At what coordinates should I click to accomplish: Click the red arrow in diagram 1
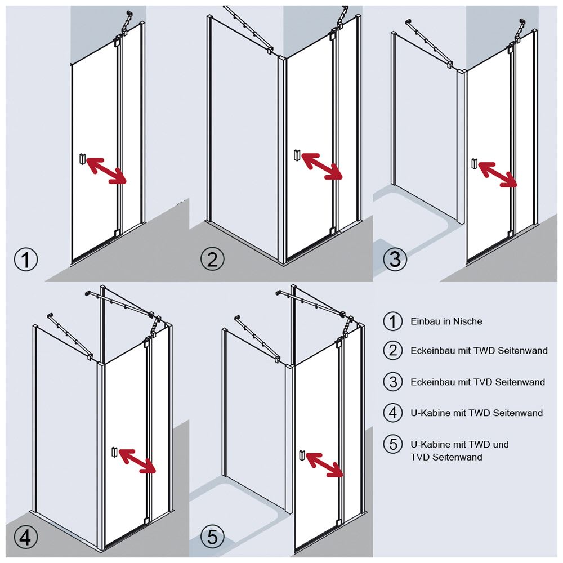click(x=107, y=170)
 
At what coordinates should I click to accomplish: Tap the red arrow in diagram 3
click(x=498, y=174)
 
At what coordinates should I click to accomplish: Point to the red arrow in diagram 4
click(x=137, y=461)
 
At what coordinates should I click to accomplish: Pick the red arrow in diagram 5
click(x=325, y=464)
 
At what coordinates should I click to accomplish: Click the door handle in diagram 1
click(x=83, y=159)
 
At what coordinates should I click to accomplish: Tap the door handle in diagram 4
click(x=114, y=452)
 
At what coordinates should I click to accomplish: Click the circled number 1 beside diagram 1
click(x=26, y=259)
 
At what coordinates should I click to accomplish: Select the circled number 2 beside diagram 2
click(x=212, y=259)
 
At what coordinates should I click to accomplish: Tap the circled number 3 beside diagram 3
click(x=395, y=259)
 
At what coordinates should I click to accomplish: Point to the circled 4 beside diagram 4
click(x=26, y=538)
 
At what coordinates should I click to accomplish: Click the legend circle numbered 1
click(x=393, y=321)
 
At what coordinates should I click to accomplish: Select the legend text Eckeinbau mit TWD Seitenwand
click(x=479, y=350)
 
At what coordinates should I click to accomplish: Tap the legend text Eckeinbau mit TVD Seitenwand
click(x=477, y=382)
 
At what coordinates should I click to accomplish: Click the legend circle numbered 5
click(x=393, y=444)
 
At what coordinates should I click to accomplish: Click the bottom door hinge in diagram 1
click(x=117, y=233)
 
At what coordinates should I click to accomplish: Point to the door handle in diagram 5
click(x=302, y=455)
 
